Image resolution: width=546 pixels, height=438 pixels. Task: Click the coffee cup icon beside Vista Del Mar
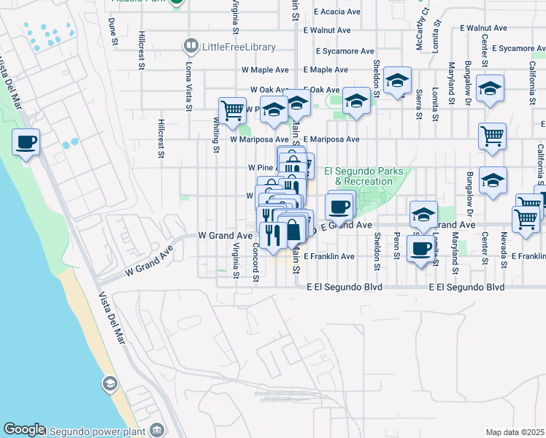pos(26,142)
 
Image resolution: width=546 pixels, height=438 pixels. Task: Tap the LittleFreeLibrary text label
pos(239,47)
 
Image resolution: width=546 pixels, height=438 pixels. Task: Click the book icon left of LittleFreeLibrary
pos(191,47)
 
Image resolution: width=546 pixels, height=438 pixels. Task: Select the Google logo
pos(24,430)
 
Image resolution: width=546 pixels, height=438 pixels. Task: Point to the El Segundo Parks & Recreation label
pos(358,176)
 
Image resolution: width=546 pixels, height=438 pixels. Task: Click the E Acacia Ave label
pos(337,12)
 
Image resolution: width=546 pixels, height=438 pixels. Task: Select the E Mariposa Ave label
pos(331,139)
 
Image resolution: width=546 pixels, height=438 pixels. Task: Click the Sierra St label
pos(419,104)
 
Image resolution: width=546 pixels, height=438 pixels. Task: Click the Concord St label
pos(256,267)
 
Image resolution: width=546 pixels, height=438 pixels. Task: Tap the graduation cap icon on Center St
pos(490,88)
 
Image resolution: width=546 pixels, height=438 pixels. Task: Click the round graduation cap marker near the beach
pos(109,384)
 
